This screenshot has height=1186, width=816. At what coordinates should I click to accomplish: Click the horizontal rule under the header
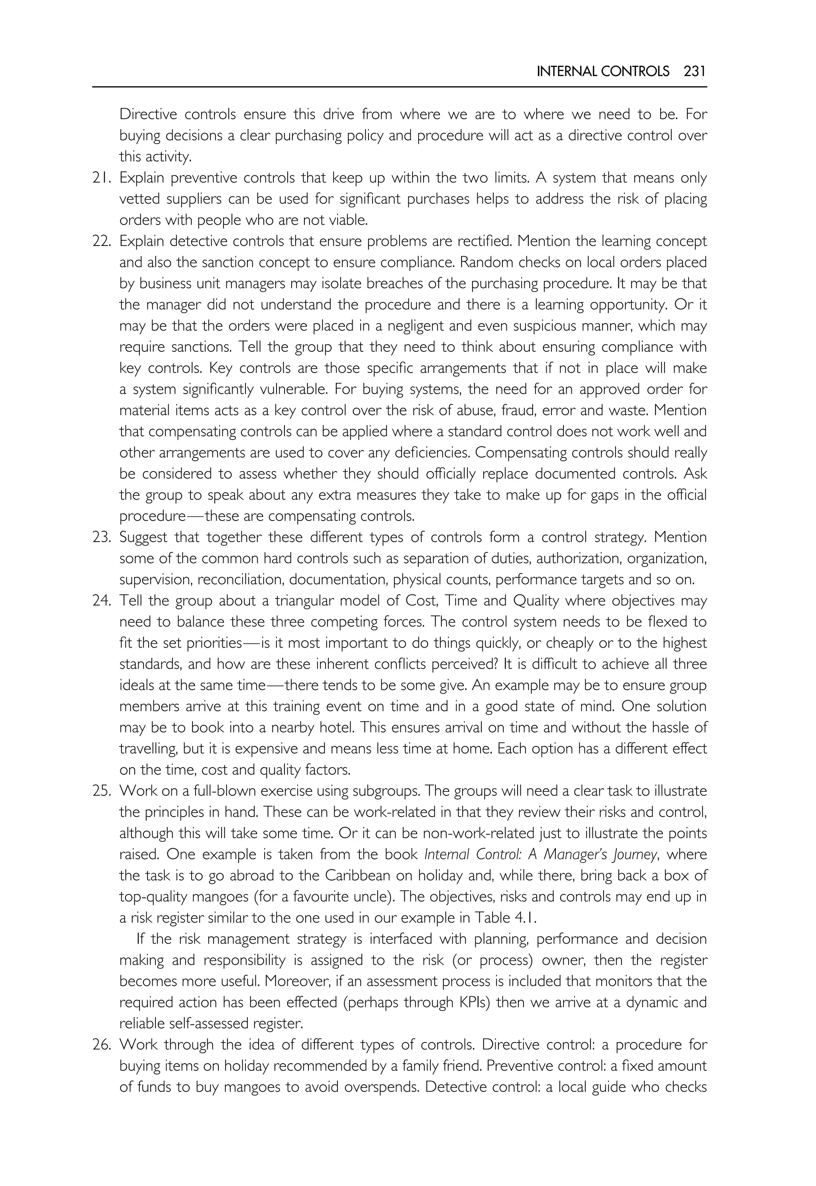point(399,87)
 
